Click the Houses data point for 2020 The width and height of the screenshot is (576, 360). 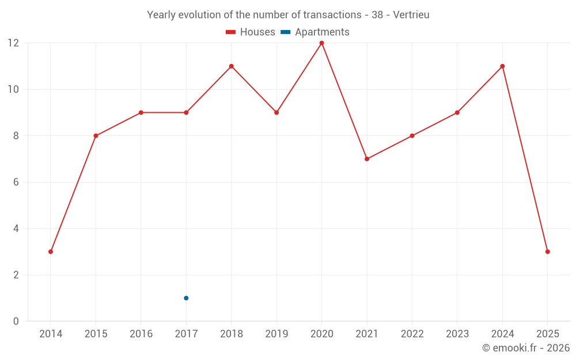(321, 43)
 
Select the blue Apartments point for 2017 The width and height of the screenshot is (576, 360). (186, 298)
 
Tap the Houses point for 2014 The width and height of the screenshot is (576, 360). (51, 252)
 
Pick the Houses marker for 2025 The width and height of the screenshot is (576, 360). (547, 252)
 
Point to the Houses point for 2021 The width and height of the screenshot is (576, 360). (367, 159)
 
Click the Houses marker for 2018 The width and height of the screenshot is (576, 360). (232, 66)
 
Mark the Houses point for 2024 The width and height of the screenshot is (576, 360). (502, 66)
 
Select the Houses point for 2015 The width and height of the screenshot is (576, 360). (96, 136)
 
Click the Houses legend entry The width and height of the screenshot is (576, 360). (251, 32)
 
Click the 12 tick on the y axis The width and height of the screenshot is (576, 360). (13, 43)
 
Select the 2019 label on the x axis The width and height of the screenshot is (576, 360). (276, 334)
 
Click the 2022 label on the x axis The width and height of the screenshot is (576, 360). (412, 334)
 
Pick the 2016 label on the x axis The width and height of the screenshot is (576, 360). (141, 334)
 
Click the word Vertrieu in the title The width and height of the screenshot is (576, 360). (411, 15)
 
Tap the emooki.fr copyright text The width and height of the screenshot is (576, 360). (525, 348)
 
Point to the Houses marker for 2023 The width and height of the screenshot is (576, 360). (457, 112)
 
